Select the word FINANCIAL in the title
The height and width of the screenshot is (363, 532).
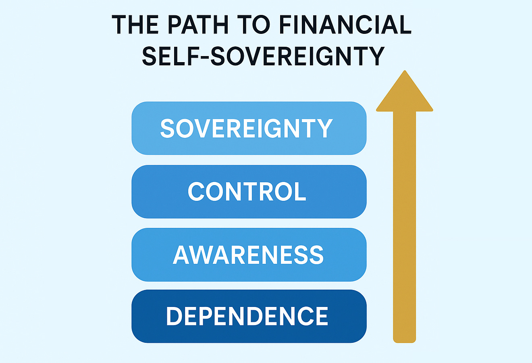point(345,25)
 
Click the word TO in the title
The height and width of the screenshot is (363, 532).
point(256,25)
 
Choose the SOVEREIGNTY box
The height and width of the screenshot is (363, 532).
point(249,128)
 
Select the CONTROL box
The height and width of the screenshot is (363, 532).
point(249,192)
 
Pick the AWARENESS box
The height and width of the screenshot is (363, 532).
point(249,255)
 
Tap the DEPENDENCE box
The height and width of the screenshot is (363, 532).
point(249,316)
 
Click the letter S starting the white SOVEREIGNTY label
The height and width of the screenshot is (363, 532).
point(168,128)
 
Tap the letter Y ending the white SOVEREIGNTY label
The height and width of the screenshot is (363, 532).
point(325,128)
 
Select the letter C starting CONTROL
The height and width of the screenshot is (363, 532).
point(196,192)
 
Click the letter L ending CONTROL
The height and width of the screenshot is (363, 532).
point(300,192)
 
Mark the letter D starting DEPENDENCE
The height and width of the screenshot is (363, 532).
point(175,316)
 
